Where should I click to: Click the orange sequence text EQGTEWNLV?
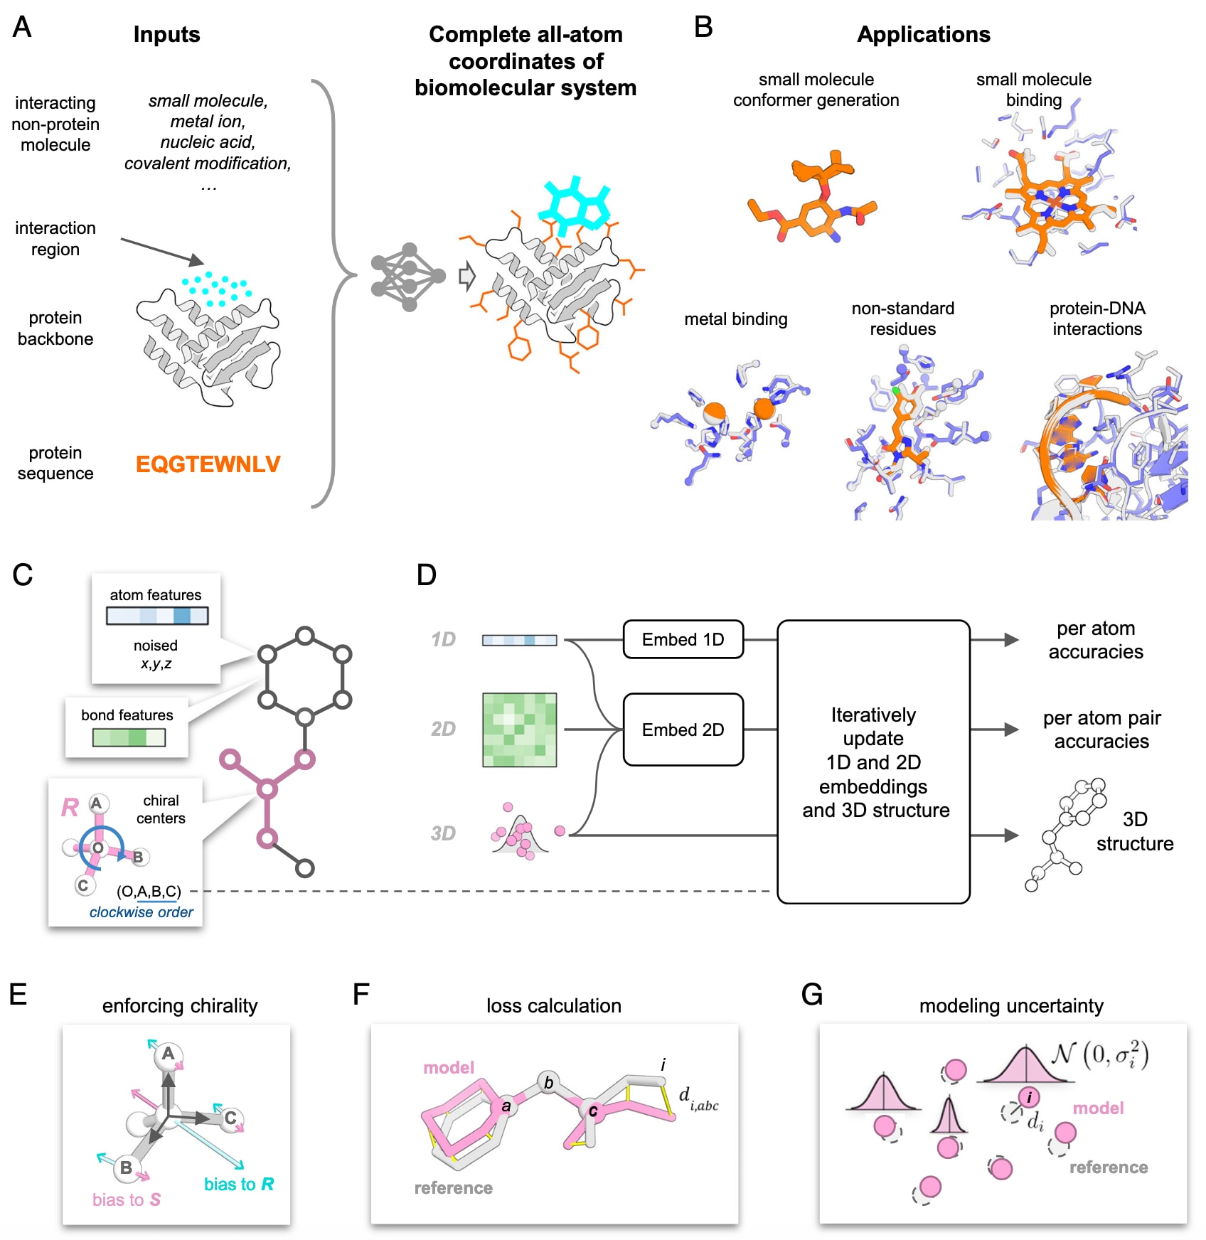(208, 464)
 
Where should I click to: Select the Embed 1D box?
(683, 639)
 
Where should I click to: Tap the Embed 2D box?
(683, 729)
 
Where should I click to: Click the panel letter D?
(426, 574)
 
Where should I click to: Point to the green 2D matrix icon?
(519, 729)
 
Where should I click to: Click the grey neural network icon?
(408, 277)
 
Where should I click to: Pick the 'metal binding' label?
(735, 319)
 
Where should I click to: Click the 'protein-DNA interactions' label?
(1096, 319)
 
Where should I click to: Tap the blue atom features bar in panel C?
(157, 615)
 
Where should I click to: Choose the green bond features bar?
(129, 737)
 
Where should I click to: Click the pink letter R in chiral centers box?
(70, 808)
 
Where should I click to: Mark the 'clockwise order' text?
(141, 912)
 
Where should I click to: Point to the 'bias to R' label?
(238, 1184)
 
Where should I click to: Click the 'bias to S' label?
(126, 1199)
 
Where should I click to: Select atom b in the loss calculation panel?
(548, 1082)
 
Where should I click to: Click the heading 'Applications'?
(923, 34)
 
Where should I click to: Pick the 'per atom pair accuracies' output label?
(1101, 729)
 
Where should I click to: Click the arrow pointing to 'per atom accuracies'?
(996, 640)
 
